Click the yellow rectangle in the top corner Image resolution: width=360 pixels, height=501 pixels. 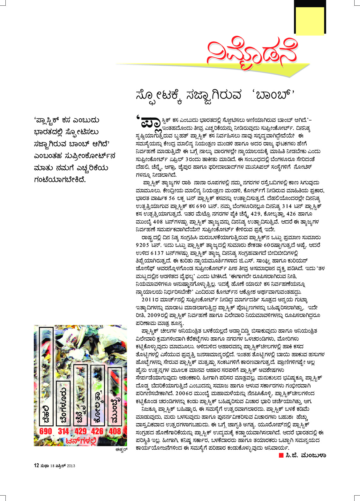[310, 21]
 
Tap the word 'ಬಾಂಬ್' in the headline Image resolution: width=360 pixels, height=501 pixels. [275, 95]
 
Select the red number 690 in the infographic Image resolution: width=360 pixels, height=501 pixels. [46, 431]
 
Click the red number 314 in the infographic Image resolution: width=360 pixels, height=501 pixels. [64, 431]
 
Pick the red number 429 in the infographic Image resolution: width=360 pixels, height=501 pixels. [80, 431]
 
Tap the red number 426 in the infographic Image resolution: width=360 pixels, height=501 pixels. [97, 431]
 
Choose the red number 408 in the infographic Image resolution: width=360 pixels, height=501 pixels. [115, 431]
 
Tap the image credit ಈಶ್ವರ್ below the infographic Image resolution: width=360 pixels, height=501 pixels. [121, 450]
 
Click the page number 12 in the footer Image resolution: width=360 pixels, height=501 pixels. [36, 466]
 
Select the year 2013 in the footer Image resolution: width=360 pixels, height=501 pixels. [71, 466]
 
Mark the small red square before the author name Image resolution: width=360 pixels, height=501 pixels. [281, 455]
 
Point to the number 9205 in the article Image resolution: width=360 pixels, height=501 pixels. [142, 245]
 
